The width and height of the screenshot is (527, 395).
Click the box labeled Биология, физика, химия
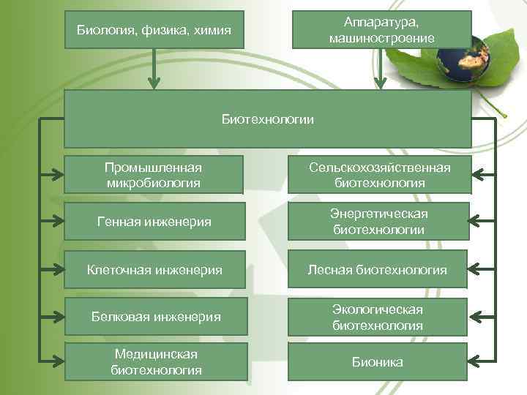tap(154, 30)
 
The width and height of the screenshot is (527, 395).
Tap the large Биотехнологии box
tap(267, 119)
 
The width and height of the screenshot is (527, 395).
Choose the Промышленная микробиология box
tap(153, 175)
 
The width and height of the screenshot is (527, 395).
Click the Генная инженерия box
tap(153, 222)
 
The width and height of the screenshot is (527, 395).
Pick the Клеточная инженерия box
tap(153, 270)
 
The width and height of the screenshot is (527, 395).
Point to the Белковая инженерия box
tap(155, 317)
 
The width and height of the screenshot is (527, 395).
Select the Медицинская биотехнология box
tap(155, 361)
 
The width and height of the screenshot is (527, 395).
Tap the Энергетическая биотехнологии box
tap(379, 221)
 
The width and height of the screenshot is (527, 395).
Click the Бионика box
tap(377, 362)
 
